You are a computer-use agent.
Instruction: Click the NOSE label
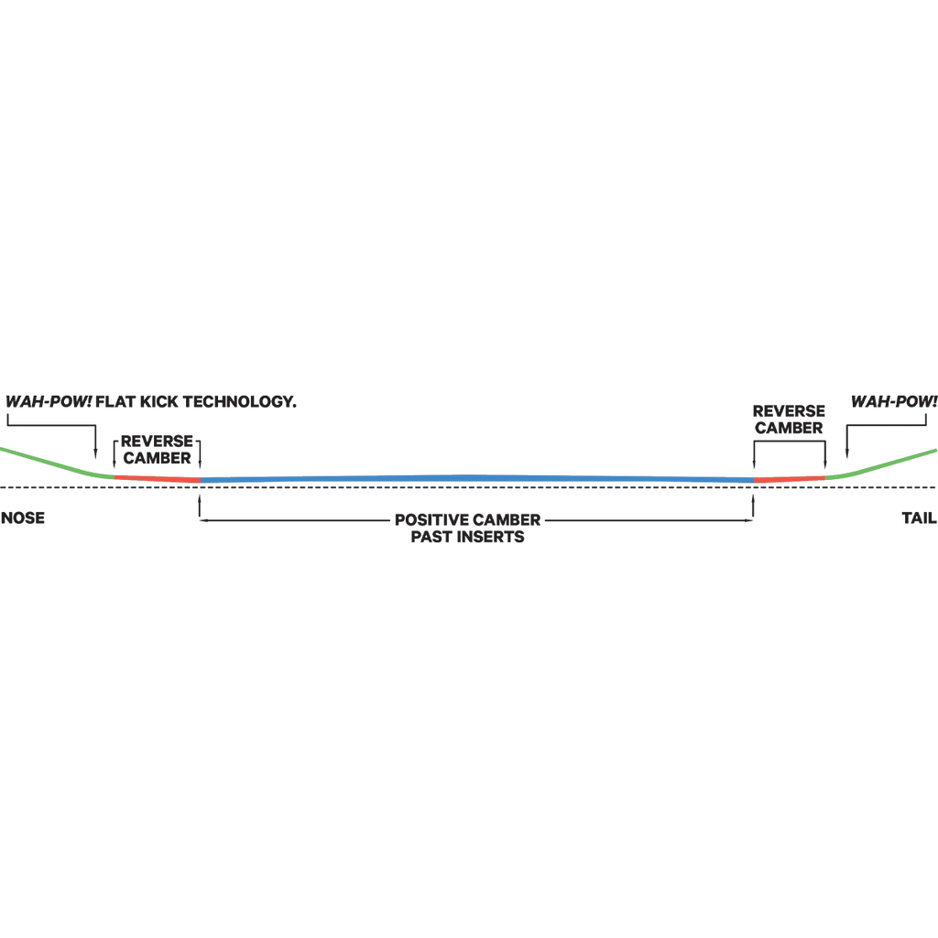[x=23, y=518]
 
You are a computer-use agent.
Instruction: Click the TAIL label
[x=919, y=518]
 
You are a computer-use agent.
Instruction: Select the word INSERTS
[x=491, y=537]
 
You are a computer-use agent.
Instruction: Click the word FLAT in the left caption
[x=115, y=401]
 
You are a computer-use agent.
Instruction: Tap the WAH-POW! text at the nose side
[x=49, y=401]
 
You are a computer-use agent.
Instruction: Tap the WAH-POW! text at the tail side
[x=894, y=401]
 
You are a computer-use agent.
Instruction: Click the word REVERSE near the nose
[x=157, y=442]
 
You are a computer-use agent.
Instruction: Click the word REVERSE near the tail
[x=789, y=411]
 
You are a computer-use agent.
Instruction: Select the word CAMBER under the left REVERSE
[x=157, y=458]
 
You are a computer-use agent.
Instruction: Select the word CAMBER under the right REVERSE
[x=789, y=429]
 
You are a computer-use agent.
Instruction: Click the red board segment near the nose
[x=157, y=478]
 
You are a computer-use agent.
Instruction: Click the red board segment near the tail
[x=789, y=479]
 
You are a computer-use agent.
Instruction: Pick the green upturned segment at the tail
[x=881, y=464]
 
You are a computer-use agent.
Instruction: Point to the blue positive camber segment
[x=476, y=478]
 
